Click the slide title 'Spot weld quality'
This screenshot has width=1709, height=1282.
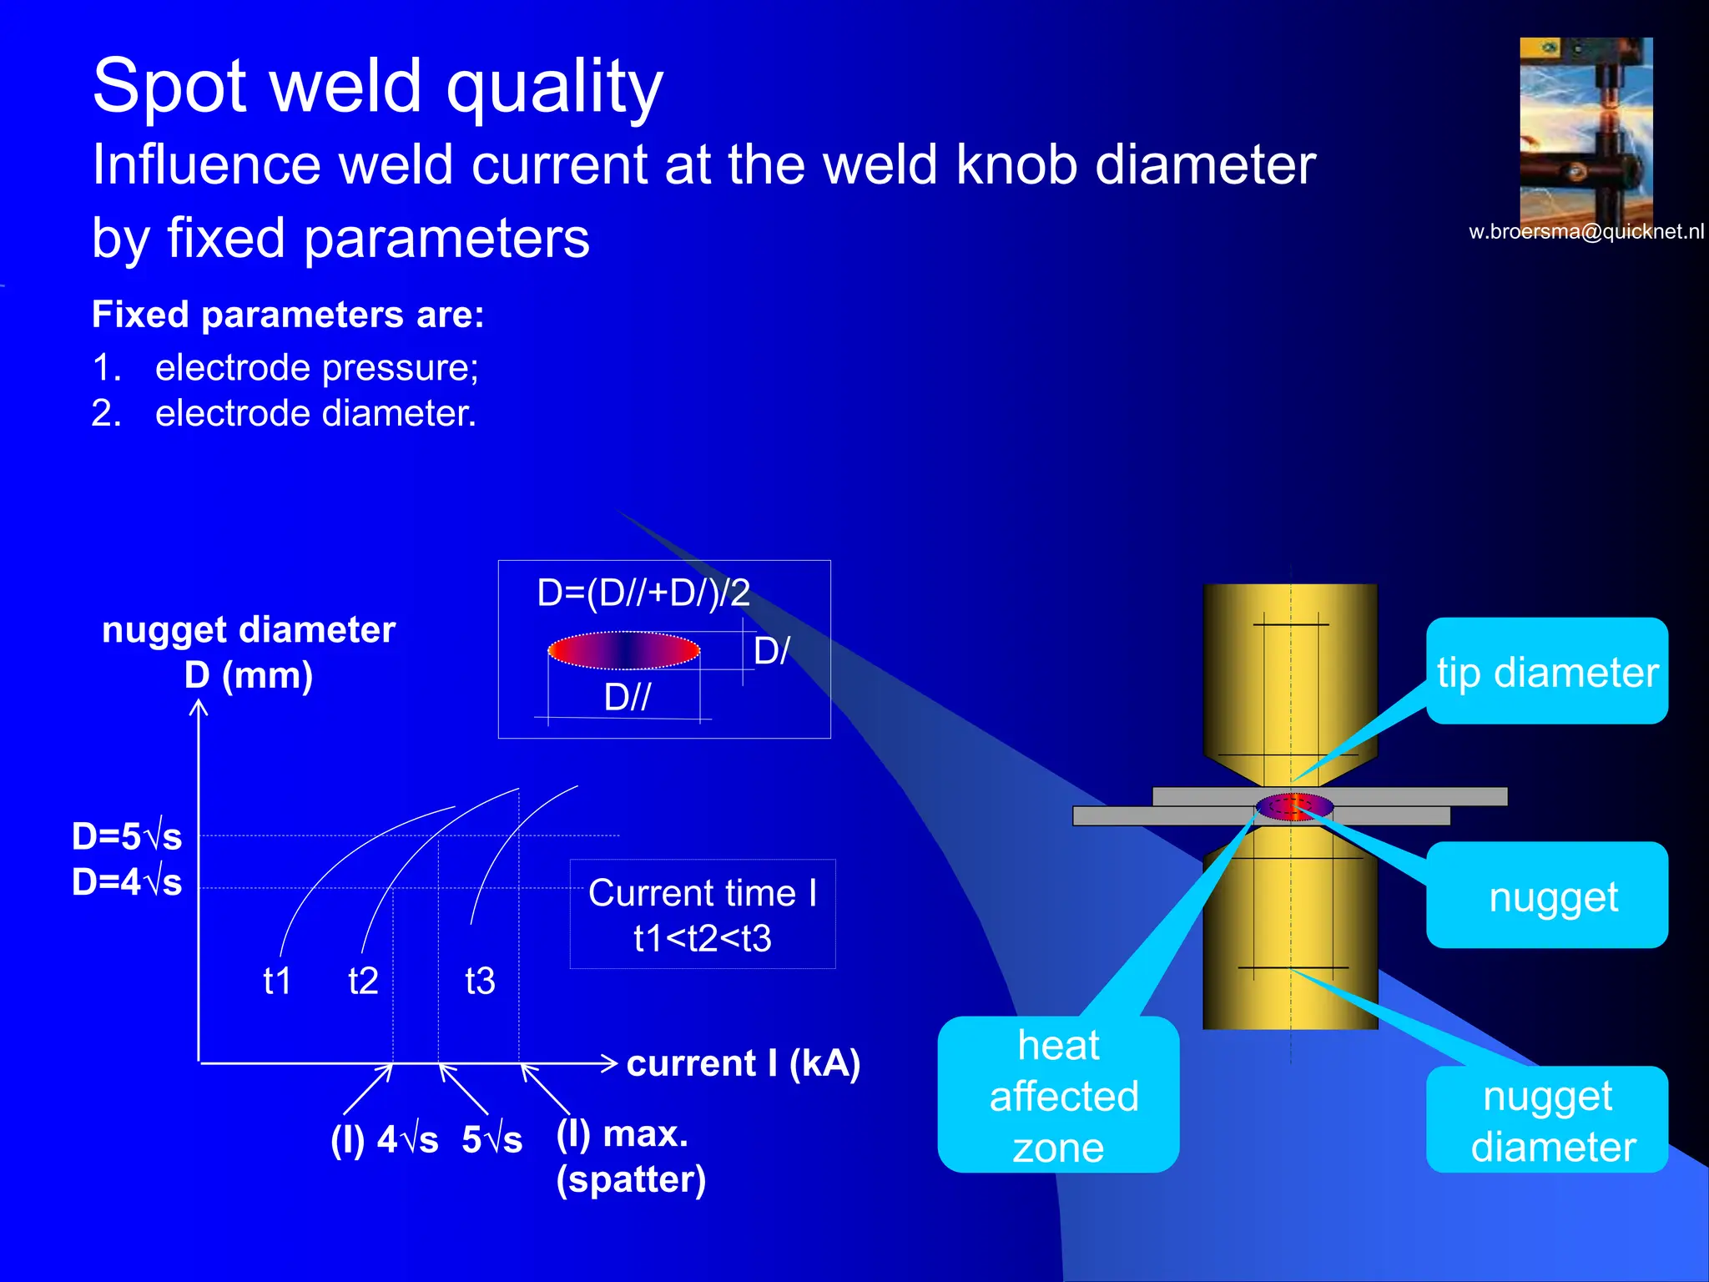click(377, 86)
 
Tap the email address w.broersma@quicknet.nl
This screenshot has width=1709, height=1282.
click(1585, 232)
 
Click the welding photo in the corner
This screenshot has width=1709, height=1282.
click(1585, 129)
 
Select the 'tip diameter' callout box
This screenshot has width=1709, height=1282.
click(1547, 672)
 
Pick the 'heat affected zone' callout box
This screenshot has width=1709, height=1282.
click(1058, 1095)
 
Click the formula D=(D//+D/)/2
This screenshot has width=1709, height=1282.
click(643, 593)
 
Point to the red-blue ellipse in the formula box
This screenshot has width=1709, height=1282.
click(623, 651)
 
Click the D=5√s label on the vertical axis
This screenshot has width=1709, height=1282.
click(127, 836)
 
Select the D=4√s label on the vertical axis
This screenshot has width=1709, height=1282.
click(127, 882)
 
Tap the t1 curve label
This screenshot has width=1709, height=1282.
click(277, 981)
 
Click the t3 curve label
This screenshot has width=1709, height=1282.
click(480, 981)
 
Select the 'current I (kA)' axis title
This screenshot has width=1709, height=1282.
click(743, 1063)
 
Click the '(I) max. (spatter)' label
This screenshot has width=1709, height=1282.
click(630, 1156)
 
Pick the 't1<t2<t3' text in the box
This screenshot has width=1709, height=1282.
click(702, 939)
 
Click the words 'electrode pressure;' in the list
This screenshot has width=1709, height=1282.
click(316, 368)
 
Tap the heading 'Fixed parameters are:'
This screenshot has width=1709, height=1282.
click(288, 315)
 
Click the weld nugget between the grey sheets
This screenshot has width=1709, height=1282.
click(1293, 807)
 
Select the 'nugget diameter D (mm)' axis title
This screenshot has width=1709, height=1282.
click(248, 652)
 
